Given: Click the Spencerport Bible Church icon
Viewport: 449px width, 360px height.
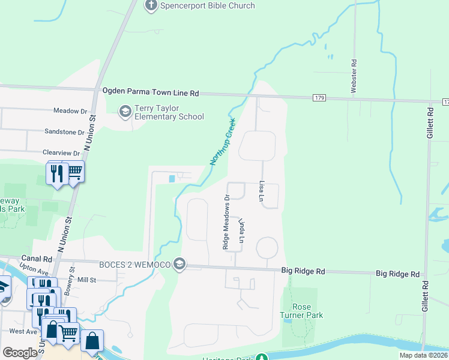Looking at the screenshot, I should pyautogui.click(x=151, y=6).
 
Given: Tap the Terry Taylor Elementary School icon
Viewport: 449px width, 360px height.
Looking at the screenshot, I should pyautogui.click(x=125, y=111).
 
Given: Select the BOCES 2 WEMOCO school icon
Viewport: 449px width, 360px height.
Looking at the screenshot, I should pyautogui.click(x=179, y=264).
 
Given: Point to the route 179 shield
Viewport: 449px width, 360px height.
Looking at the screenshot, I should pyautogui.click(x=319, y=97).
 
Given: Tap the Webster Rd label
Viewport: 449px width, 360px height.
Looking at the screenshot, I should pyautogui.click(x=354, y=76).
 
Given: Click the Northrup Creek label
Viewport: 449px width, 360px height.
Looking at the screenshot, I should pyautogui.click(x=223, y=142).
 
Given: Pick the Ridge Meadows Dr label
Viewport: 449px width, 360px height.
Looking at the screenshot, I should pyautogui.click(x=226, y=221).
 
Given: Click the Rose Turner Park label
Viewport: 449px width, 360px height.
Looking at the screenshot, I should pyautogui.click(x=301, y=311).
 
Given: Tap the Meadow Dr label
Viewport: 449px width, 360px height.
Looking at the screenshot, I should pyautogui.click(x=70, y=111).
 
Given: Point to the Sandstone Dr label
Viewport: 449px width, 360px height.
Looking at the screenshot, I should pyautogui.click(x=65, y=131).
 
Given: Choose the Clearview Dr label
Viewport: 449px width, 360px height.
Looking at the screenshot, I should pyautogui.click(x=61, y=153).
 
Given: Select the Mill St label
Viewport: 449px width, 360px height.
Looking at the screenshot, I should pyautogui.click(x=87, y=280).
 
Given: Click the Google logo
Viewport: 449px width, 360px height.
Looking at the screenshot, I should pyautogui.click(x=20, y=353).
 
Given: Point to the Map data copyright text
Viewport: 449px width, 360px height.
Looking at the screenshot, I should pyautogui.click(x=423, y=355).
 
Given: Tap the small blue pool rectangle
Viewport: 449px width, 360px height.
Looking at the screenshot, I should pyautogui.click(x=173, y=178).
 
